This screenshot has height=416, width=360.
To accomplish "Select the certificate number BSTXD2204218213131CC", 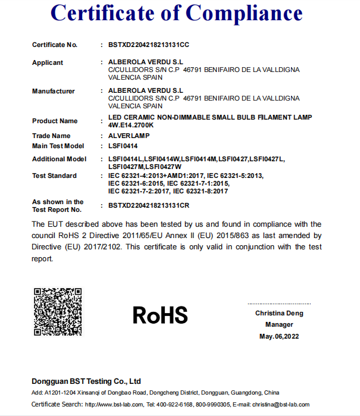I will tap(149, 45).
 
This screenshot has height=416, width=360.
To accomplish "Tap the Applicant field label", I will tap(48, 62).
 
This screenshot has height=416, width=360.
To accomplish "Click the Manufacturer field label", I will tap(54, 91).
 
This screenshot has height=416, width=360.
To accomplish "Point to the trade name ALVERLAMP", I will tap(129, 136).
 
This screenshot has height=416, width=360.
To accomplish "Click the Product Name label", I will tap(55, 121).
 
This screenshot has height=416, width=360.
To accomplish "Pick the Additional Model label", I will tap(59, 159).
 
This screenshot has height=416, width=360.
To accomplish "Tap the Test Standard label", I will tap(54, 176).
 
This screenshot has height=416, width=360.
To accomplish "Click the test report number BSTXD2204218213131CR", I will tap(149, 205).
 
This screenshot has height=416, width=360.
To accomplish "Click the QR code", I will tap(58, 312).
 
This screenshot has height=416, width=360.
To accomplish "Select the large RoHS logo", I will tap(160, 315).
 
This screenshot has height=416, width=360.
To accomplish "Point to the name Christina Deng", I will tap(279, 313).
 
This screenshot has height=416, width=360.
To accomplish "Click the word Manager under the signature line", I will tap(279, 325).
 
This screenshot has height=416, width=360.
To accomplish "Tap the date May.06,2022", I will tap(279, 337).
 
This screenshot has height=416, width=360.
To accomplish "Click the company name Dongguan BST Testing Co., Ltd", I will tap(86, 381).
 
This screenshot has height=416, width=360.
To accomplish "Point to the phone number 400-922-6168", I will tap(177, 405).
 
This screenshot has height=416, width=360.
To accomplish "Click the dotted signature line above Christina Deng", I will tap(279, 304).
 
